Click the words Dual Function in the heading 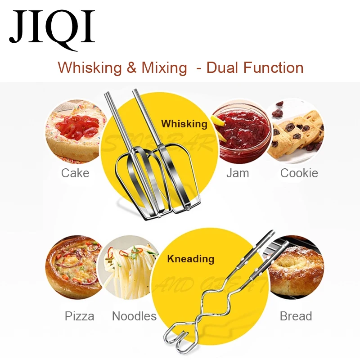255,67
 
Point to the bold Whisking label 184,124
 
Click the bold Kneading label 190,259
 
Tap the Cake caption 75,173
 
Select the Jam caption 238,173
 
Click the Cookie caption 299,173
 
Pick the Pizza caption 80,316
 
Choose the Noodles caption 134,316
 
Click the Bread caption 296,316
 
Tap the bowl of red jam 241,130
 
